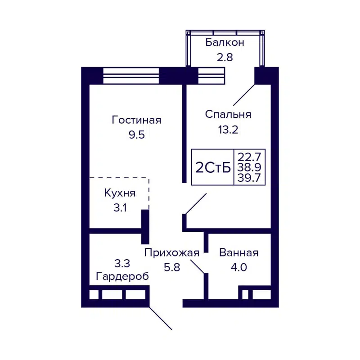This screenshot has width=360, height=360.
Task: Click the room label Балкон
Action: click(x=225, y=43)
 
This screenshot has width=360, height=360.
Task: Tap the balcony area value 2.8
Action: click(x=225, y=57)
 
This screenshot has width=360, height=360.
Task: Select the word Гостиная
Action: click(x=136, y=121)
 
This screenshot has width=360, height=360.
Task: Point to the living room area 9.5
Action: click(x=136, y=135)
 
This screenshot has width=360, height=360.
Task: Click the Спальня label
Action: click(x=228, y=114)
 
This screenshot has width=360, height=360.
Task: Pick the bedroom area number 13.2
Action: click(x=228, y=130)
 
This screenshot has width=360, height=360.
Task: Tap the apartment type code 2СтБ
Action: click(x=213, y=167)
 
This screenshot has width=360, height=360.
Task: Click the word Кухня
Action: click(x=120, y=193)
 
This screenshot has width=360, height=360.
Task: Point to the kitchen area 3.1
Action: click(x=120, y=208)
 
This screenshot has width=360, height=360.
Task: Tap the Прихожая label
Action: click(x=171, y=252)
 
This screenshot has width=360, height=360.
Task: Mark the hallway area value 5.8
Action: click(x=171, y=267)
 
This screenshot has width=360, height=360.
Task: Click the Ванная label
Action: click(x=238, y=252)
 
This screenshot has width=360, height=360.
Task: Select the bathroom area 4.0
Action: click(x=238, y=267)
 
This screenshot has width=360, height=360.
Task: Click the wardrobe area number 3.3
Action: click(x=122, y=262)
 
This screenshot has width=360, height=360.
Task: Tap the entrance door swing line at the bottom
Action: click(x=161, y=319)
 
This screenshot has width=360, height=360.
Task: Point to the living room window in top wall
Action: click(x=131, y=75)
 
